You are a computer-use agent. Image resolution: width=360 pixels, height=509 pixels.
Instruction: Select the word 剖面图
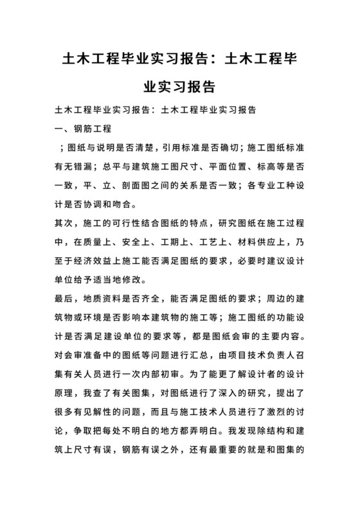[156, 186]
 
